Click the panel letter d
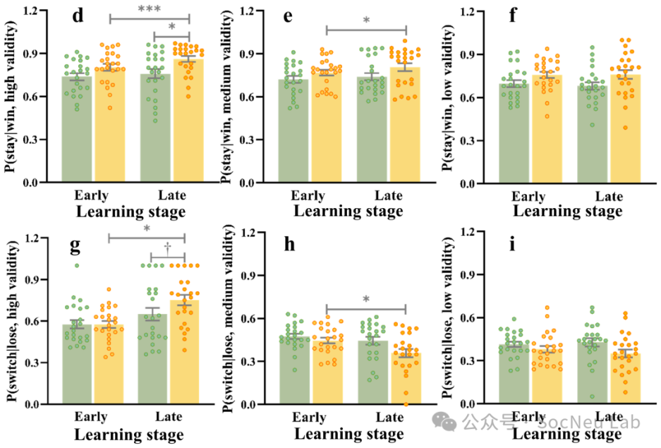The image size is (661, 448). [x=78, y=16]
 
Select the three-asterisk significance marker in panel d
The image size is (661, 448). [x=150, y=8]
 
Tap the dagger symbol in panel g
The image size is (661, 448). [x=168, y=248]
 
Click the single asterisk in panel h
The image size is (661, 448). [x=366, y=299]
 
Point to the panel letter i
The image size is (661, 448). [x=512, y=243]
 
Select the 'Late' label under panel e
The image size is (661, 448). [x=389, y=195]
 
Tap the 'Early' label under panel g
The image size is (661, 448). [x=91, y=416]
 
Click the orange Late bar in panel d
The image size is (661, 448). [x=189, y=121]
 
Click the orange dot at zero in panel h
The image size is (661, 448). [x=406, y=404]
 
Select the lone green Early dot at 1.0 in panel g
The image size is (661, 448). [x=77, y=265]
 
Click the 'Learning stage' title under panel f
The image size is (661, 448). [x=567, y=211]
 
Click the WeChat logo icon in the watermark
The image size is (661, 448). [x=444, y=421]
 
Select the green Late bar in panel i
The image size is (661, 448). [x=593, y=373]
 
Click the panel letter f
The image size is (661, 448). [x=513, y=16]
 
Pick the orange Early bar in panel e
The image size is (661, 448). [x=327, y=127]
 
